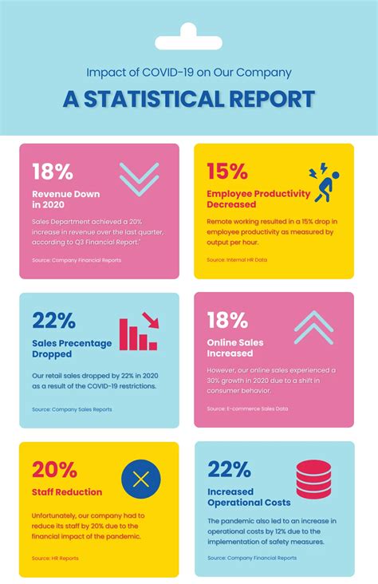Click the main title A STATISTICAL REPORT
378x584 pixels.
[188, 100]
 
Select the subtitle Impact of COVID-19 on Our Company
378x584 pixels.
[188, 72]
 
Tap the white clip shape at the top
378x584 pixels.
[189, 35]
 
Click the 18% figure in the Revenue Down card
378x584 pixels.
[53, 172]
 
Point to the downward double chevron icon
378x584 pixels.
[139, 179]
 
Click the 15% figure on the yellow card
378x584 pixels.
[226, 172]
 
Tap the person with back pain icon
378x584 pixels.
[324, 182]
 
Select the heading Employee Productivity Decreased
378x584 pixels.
[258, 199]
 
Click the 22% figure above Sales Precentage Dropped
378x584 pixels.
[53, 321]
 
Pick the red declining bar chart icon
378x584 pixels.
[139, 332]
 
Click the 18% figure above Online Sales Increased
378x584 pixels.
[227, 321]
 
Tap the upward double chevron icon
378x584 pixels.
[313, 327]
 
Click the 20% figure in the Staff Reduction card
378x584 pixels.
[53, 469]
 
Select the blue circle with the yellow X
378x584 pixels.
[141, 479]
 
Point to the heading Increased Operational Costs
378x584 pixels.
[249, 497]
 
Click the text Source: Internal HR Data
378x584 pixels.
[237, 260]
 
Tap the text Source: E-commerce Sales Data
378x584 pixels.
[247, 408]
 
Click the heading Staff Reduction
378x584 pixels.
[67, 492]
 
